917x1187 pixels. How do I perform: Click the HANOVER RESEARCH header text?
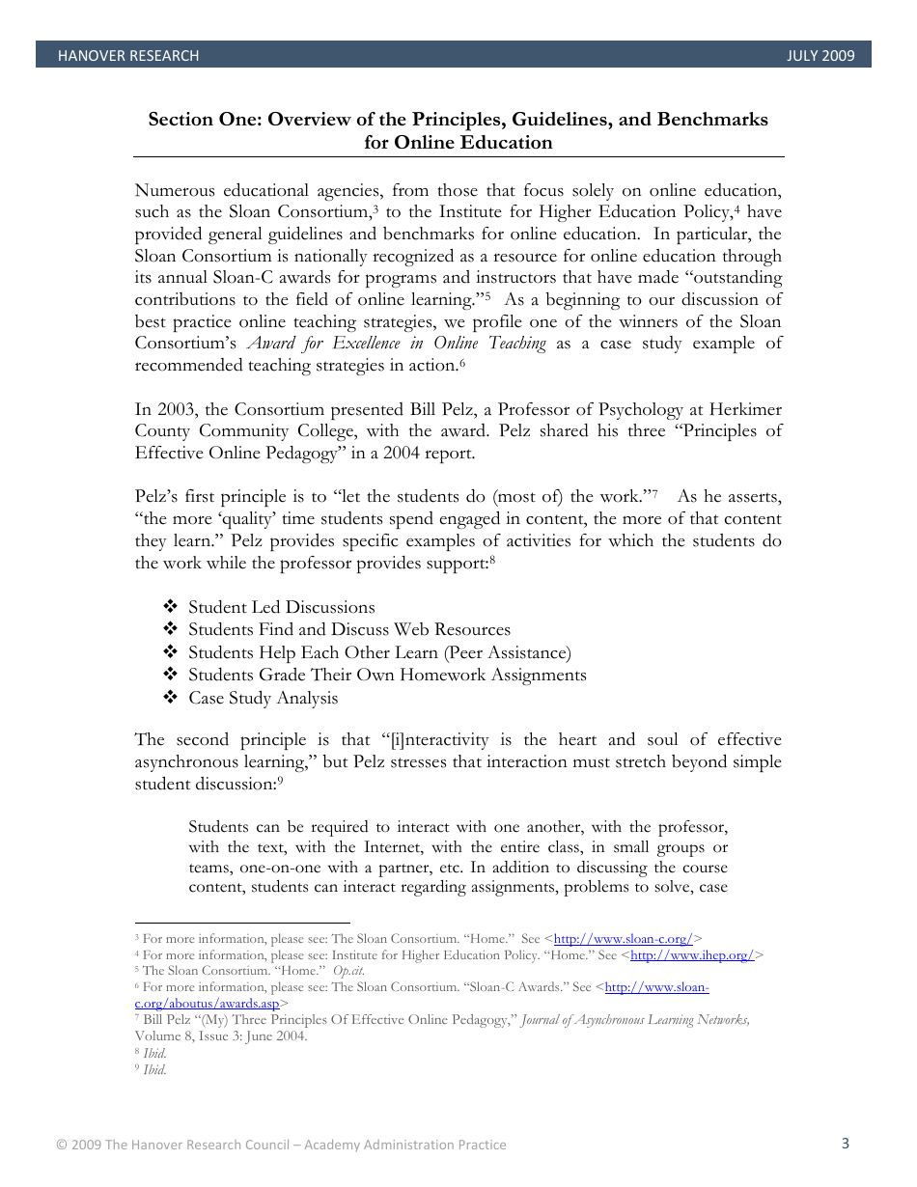click(128, 56)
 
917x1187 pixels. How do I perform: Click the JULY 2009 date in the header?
click(820, 56)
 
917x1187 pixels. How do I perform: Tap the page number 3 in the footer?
click(846, 1144)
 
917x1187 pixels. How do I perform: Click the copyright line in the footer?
click(281, 1145)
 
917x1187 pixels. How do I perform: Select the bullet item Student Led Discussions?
click(281, 607)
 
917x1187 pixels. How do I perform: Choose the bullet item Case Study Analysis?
click(263, 698)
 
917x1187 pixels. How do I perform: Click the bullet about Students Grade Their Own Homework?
click(386, 675)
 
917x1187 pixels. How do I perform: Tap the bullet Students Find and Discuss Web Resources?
click(348, 629)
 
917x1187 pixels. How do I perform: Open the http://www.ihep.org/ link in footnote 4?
click(692, 954)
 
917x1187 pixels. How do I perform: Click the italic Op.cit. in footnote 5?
click(348, 971)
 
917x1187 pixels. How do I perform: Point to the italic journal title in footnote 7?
click(635, 1020)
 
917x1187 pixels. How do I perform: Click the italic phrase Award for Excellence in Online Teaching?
click(397, 344)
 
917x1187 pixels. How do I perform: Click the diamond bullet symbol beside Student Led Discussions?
click(171, 607)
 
